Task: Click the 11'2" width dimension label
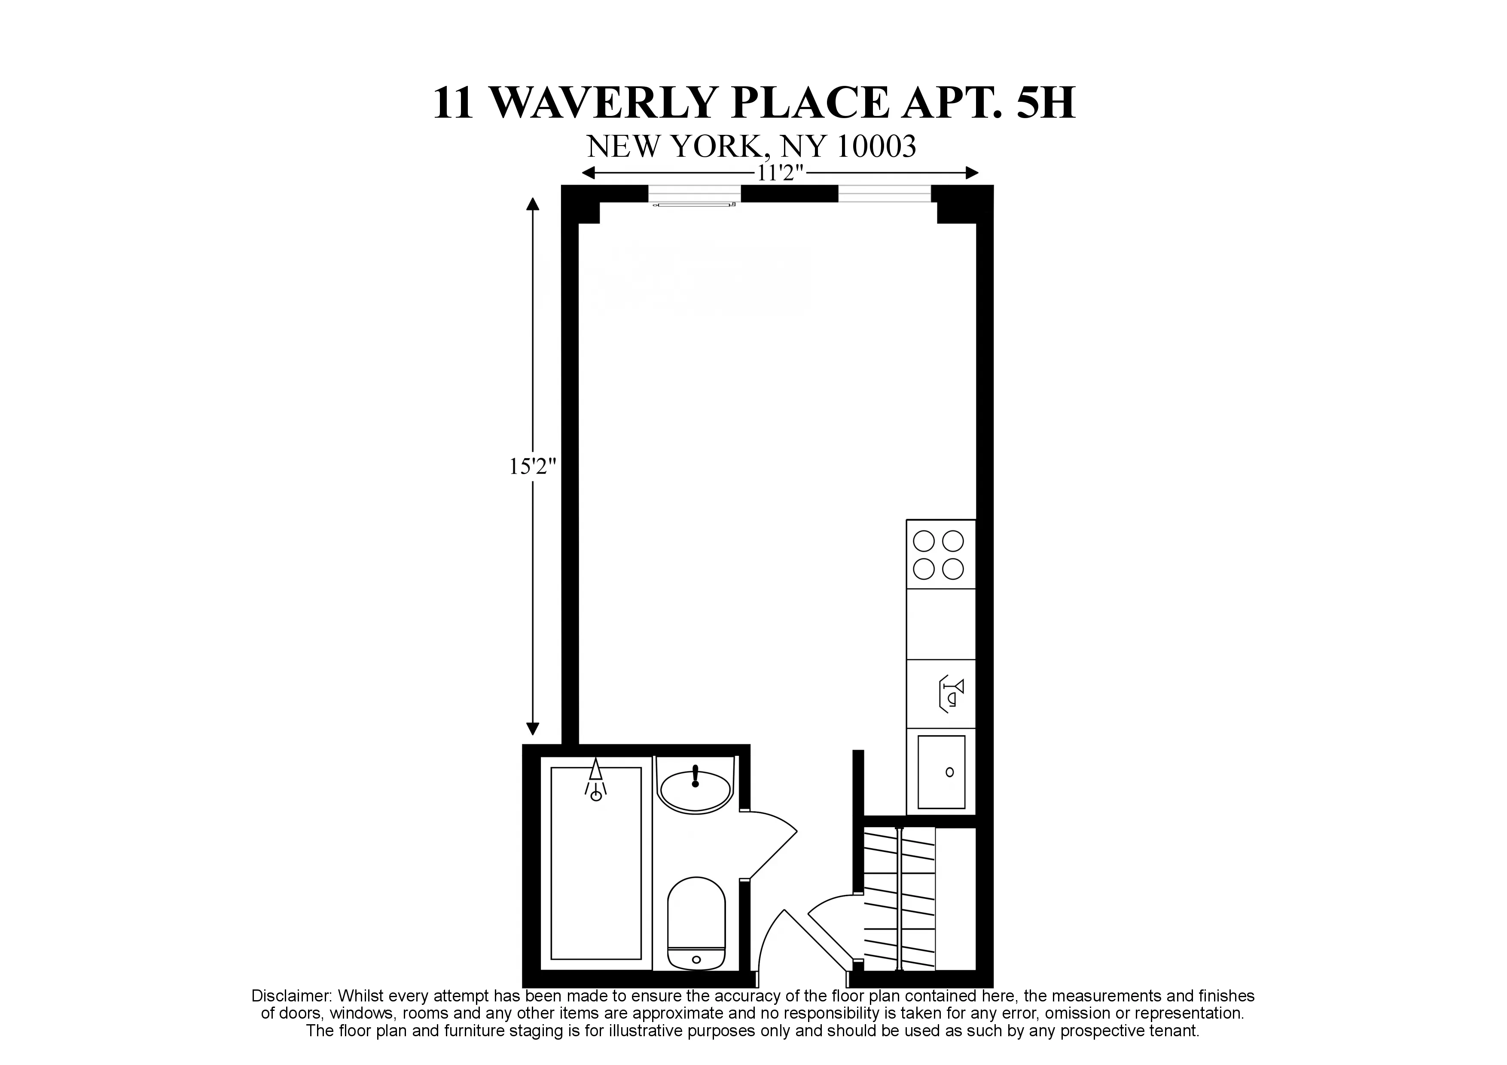point(780,174)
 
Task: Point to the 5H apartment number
point(1046,103)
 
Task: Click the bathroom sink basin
point(695,791)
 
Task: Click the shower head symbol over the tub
point(595,779)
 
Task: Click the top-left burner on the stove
point(924,542)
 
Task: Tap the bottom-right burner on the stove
point(953,569)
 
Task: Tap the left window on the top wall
point(694,194)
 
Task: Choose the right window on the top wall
point(884,194)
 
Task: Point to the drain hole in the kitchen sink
point(949,772)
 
